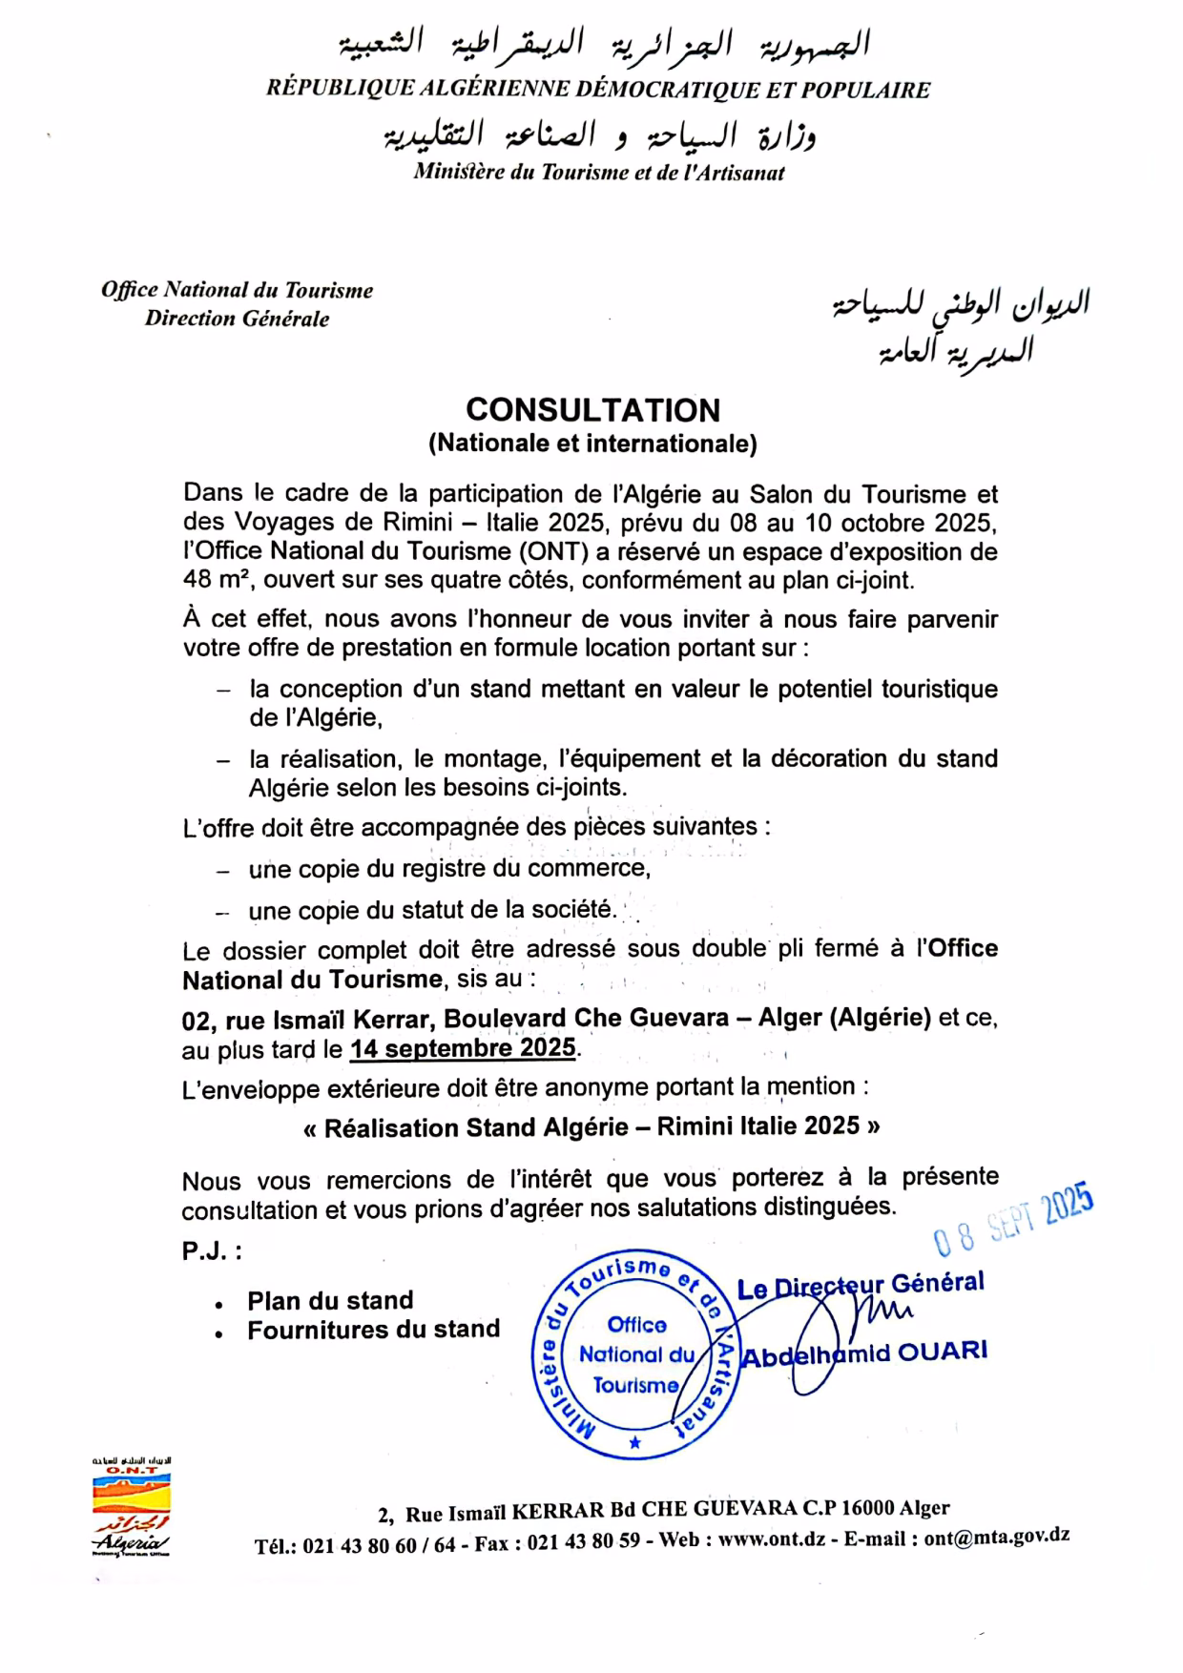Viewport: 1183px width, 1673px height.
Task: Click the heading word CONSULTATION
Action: [x=592, y=410]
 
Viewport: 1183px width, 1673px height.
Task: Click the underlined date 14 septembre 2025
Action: [x=463, y=1048]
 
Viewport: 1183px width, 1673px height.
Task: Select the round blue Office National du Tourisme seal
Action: [x=635, y=1353]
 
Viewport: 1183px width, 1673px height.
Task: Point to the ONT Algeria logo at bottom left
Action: [x=132, y=1507]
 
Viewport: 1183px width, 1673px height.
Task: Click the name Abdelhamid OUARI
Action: [x=864, y=1353]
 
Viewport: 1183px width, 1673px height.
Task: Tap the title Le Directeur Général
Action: [x=861, y=1285]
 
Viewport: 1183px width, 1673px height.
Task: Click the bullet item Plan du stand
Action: [x=330, y=1301]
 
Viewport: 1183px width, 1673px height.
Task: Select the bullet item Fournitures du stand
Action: [x=373, y=1330]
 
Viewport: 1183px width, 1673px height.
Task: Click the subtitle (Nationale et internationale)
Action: [x=592, y=444]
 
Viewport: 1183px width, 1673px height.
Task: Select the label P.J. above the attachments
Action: [x=211, y=1251]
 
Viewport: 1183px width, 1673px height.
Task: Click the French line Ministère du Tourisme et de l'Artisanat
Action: [x=598, y=173]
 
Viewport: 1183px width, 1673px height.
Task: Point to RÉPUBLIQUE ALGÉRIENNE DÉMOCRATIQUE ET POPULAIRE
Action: [x=598, y=90]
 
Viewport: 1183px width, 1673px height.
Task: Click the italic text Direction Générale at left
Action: [x=237, y=319]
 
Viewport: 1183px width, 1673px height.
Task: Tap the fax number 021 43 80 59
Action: [x=583, y=1542]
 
